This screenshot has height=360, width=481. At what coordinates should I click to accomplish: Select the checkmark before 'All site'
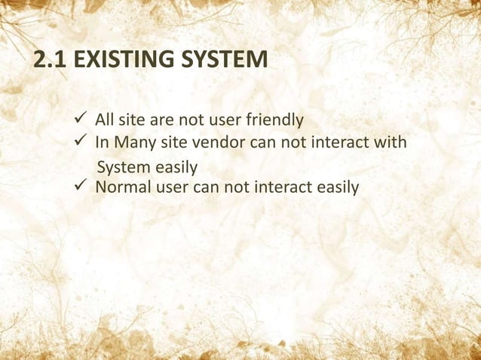[x=83, y=119]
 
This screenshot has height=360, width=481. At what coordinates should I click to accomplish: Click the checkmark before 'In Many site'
[x=83, y=141]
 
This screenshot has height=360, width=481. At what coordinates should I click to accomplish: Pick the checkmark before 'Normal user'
[x=83, y=184]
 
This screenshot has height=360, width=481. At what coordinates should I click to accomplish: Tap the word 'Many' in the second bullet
[x=133, y=142]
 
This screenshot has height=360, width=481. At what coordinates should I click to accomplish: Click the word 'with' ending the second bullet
[x=391, y=142]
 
